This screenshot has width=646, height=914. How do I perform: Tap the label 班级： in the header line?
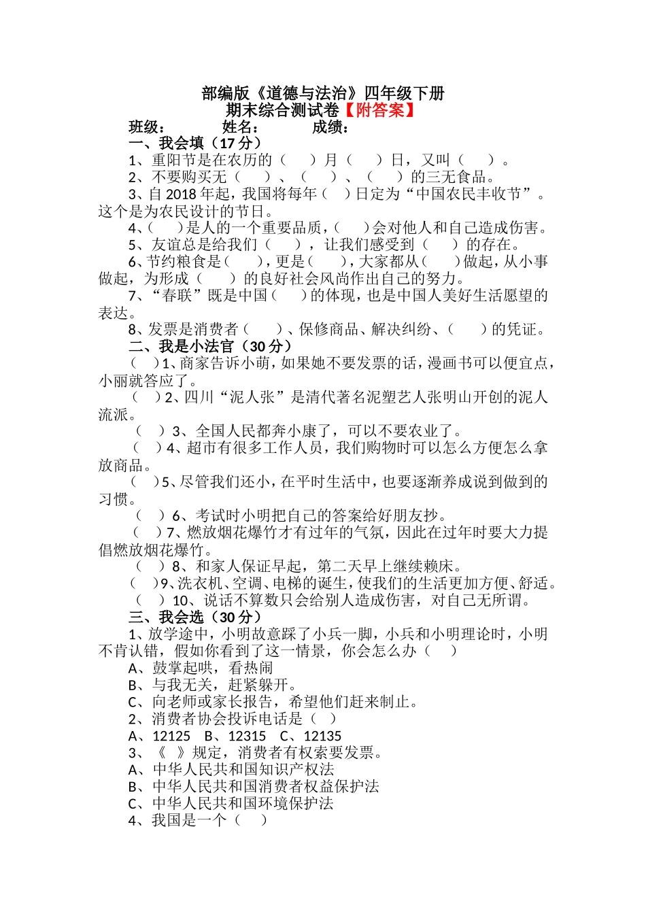click(x=147, y=127)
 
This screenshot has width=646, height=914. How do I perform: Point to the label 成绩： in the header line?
click(x=331, y=127)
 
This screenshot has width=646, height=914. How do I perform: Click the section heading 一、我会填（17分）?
click(x=194, y=143)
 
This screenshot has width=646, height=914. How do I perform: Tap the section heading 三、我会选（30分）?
click(x=194, y=617)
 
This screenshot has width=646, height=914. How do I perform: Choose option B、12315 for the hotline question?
click(x=235, y=736)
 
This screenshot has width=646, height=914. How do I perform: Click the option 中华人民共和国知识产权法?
click(x=243, y=770)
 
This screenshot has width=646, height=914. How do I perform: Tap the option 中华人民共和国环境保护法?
click(x=243, y=804)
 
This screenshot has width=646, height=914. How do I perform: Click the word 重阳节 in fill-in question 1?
click(x=174, y=160)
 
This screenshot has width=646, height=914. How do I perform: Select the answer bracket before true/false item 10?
click(x=150, y=600)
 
